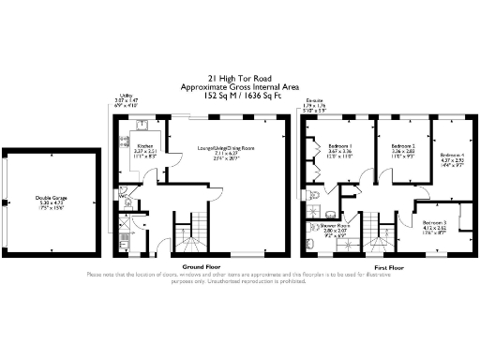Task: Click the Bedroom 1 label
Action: [338, 146]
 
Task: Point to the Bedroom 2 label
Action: [402, 146]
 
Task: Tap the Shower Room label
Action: [336, 225]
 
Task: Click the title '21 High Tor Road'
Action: [238, 80]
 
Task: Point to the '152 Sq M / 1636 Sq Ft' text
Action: [238, 95]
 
